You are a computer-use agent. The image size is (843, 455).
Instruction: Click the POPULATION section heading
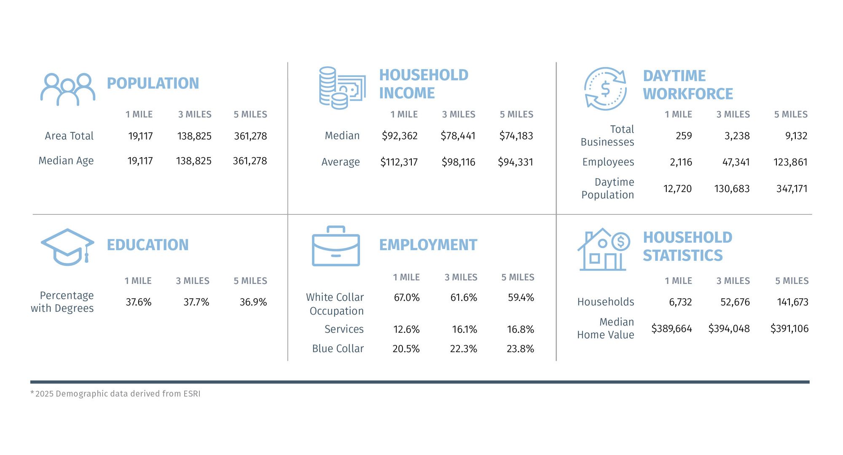point(153,83)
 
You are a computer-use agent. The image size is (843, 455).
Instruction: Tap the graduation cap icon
point(67,247)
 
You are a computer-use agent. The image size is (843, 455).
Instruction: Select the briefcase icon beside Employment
point(336,246)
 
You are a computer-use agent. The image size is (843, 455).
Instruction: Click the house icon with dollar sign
point(603,249)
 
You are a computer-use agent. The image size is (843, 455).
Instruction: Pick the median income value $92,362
point(400,136)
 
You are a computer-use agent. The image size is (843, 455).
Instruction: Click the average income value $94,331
point(515,162)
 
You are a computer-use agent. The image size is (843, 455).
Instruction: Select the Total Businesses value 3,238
point(737,136)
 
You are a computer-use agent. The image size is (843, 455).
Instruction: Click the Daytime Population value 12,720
point(677,189)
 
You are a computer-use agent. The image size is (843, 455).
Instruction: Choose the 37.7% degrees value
point(196,302)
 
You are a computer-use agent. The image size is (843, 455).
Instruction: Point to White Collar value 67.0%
point(406,297)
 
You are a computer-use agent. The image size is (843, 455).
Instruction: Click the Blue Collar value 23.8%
point(520,349)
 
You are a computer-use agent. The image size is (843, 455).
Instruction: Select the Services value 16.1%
point(464,329)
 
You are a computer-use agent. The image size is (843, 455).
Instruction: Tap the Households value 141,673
point(792,302)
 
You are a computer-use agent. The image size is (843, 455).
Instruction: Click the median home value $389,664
point(671,329)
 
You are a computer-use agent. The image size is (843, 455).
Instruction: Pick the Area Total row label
point(69,136)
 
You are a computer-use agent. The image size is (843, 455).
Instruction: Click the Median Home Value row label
point(605,328)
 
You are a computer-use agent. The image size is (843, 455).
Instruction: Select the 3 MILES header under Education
point(193,281)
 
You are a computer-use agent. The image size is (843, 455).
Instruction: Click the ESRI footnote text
point(115,394)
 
